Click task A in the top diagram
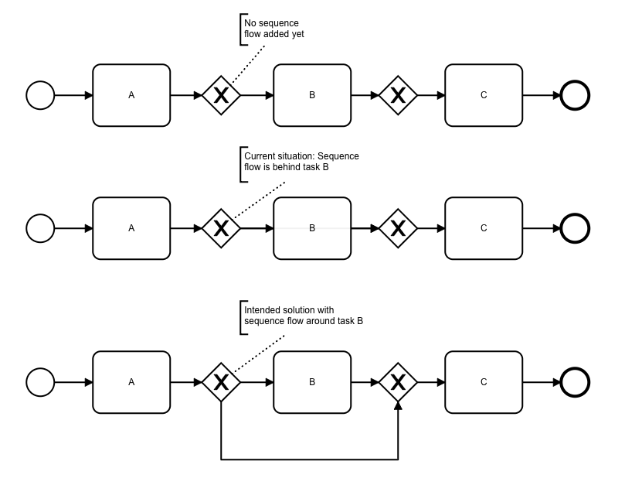pos(131,95)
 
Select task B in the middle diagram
pos(312,228)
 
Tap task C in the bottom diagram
pos(484,381)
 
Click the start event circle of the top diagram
pos(40,95)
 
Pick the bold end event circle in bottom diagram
pos(575,381)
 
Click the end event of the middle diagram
pos(575,228)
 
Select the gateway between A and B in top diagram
pos(221,95)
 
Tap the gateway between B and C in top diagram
pos(398,95)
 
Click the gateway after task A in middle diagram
pos(221,228)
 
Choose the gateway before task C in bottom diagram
pos(398,381)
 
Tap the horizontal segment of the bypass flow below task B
pos(309,459)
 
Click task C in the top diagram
pos(484,95)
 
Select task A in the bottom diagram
pos(131,381)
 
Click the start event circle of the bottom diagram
pos(40,381)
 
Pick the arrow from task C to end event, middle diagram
pos(541,228)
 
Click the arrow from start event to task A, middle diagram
pos(73,228)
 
